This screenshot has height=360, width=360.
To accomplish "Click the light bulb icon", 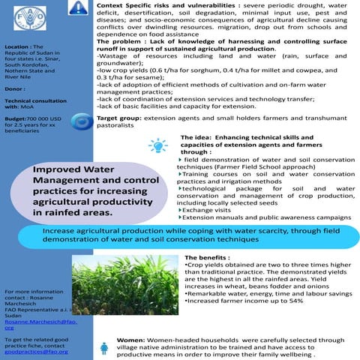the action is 158,145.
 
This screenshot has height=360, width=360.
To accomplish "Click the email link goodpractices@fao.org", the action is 31,351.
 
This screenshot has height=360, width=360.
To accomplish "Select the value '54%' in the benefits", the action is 295,301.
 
